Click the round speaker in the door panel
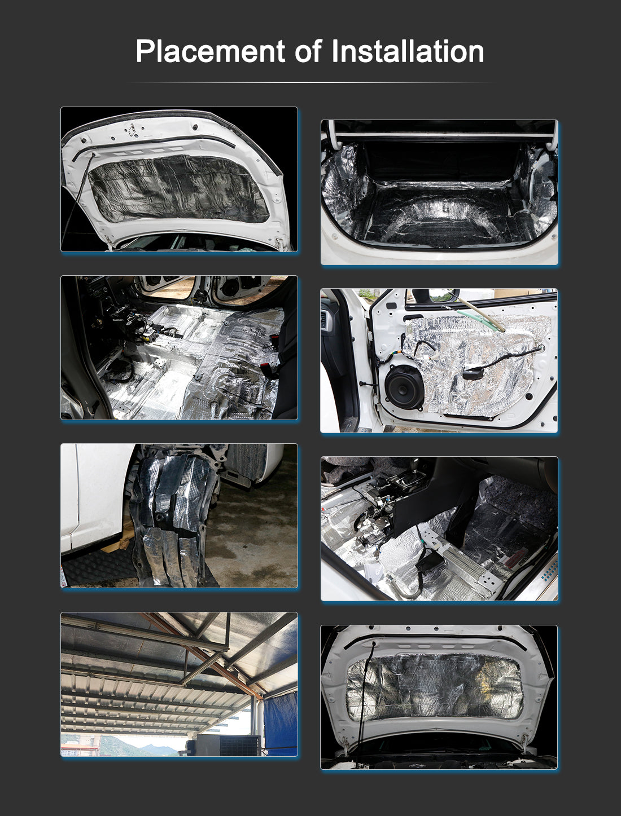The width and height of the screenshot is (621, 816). [404, 387]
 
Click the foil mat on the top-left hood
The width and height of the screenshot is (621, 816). [178, 188]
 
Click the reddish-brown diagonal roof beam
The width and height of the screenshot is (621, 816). [203, 656]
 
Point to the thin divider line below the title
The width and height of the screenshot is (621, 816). [310, 82]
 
